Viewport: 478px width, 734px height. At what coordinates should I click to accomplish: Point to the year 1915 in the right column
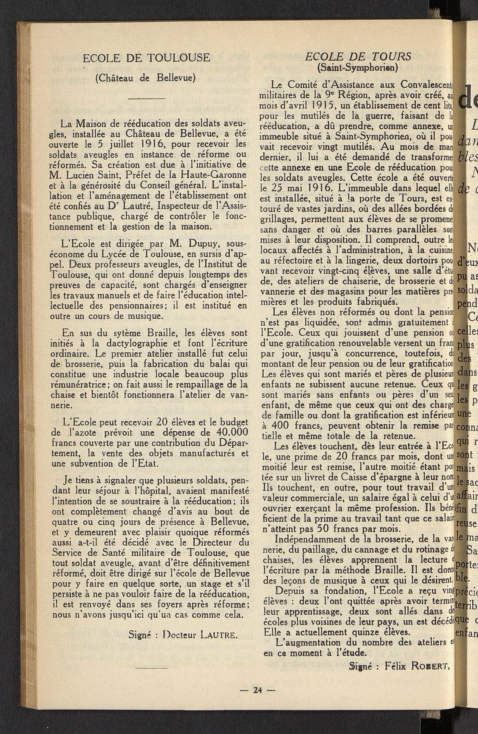click(x=313, y=106)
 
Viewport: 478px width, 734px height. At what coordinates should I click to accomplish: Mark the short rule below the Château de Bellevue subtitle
click(x=146, y=98)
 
